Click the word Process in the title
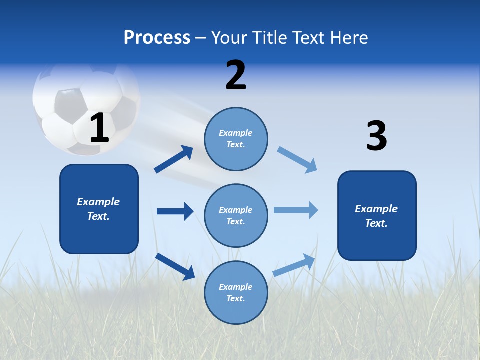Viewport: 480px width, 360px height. pyautogui.click(x=157, y=38)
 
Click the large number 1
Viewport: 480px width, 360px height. pyautogui.click(x=99, y=128)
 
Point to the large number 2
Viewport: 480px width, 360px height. pyautogui.click(x=236, y=75)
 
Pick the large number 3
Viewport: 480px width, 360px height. pyautogui.click(x=376, y=136)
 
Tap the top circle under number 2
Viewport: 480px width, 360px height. pyautogui.click(x=236, y=139)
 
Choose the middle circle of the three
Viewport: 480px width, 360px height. pyautogui.click(x=236, y=216)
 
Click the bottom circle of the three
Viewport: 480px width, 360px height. pyautogui.click(x=236, y=293)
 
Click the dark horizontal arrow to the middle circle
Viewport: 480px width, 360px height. pyautogui.click(x=175, y=211)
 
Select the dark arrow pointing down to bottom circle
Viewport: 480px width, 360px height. pyautogui.click(x=175, y=266)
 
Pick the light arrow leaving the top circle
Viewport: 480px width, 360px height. pyautogui.click(x=297, y=159)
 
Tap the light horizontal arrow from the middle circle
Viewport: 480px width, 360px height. pyautogui.click(x=296, y=210)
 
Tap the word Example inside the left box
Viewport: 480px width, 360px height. pyautogui.click(x=98, y=202)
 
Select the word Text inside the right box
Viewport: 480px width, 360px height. pyautogui.click(x=376, y=223)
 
